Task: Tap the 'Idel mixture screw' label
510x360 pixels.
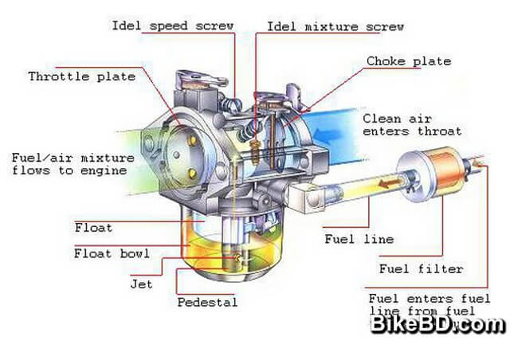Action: (x=335, y=26)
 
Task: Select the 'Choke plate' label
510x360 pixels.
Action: (x=409, y=61)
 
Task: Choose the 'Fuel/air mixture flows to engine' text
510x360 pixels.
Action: (x=69, y=163)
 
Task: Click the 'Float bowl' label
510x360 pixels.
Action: (x=112, y=254)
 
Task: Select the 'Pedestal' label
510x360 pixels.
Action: (x=207, y=303)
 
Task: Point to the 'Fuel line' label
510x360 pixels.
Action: (x=359, y=239)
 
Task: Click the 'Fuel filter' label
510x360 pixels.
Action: (x=421, y=268)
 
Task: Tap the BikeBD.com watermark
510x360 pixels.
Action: (x=437, y=324)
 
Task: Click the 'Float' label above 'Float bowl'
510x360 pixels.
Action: (x=94, y=228)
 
